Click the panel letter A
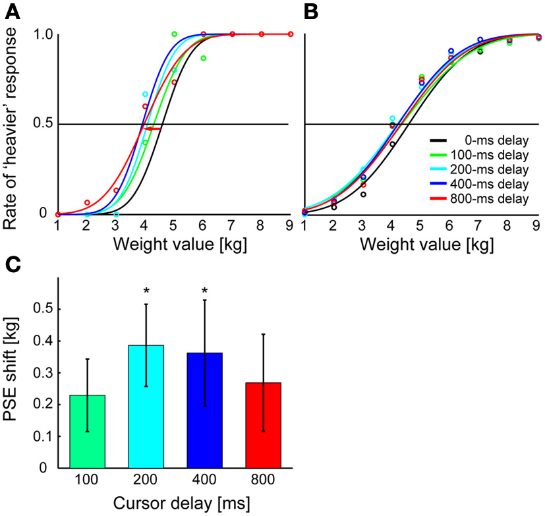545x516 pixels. [x=12, y=11]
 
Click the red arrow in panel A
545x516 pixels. [x=152, y=129]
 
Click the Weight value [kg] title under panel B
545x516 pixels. [x=421, y=244]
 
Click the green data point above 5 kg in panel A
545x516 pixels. [x=175, y=34]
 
